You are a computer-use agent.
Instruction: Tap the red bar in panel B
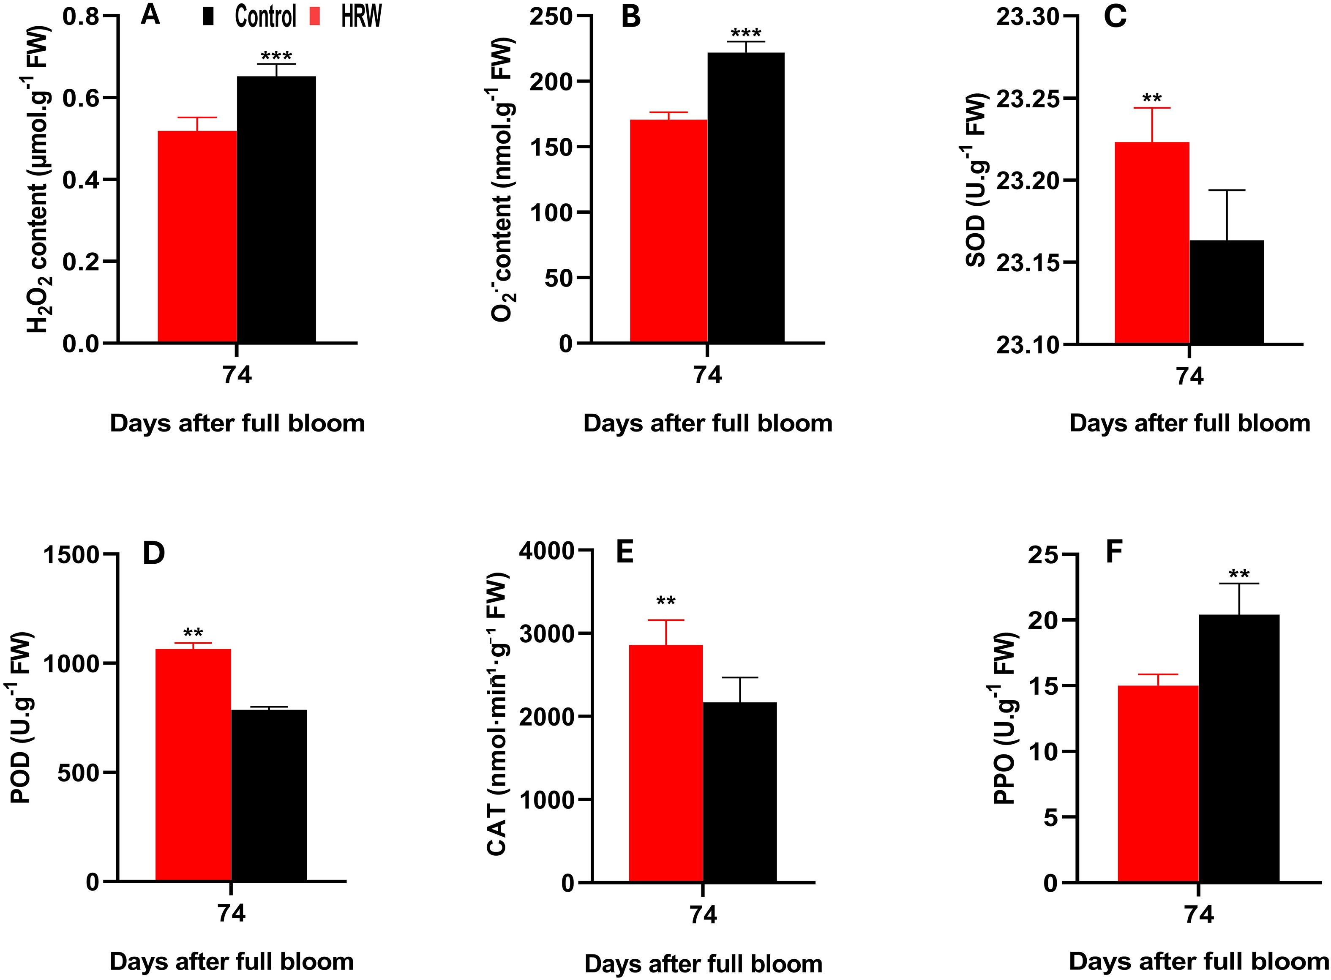(668, 231)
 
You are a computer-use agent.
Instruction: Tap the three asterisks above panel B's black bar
(746, 33)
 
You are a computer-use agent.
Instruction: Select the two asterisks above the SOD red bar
(1151, 98)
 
